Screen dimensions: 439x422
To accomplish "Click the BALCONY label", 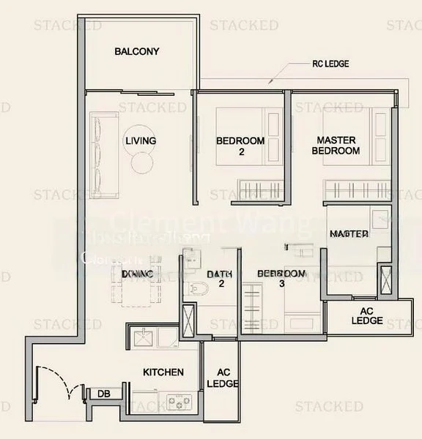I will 137,52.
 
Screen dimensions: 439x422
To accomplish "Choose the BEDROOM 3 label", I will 281,279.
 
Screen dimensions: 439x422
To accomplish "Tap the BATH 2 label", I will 219,279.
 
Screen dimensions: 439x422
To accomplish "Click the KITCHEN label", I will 163,372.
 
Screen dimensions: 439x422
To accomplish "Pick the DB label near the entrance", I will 103,394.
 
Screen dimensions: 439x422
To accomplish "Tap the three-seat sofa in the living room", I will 101,155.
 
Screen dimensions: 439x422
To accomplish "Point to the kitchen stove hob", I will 178,400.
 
